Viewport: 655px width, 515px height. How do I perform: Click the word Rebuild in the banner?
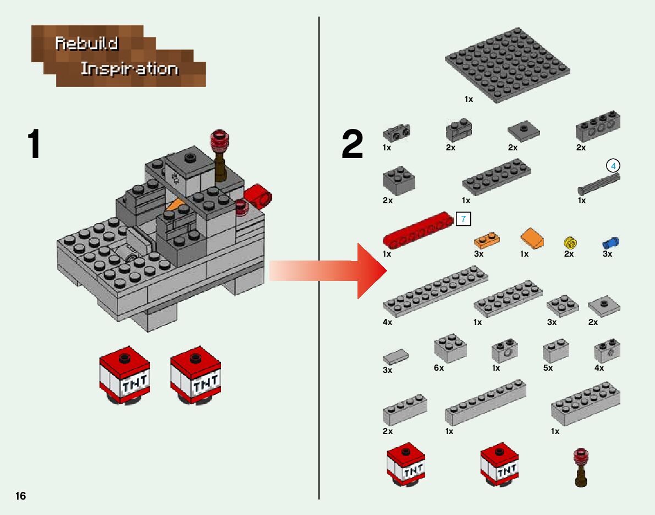[x=87, y=44]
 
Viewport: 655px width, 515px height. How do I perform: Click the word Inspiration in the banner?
[x=129, y=69]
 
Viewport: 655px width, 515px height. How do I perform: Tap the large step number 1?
[x=34, y=144]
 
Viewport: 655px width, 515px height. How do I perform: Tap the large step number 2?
[x=353, y=144]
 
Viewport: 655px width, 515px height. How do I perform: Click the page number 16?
[x=20, y=496]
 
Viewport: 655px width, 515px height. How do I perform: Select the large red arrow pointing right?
[x=352, y=270]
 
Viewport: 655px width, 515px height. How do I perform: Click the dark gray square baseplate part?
[x=507, y=65]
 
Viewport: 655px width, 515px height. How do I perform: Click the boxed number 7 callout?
[x=463, y=219]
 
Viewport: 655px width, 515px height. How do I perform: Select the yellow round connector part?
[x=571, y=242]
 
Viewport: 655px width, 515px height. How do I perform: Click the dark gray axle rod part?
[x=598, y=183]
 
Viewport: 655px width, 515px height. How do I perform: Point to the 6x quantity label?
[x=438, y=368]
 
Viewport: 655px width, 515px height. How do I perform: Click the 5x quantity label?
[x=548, y=368]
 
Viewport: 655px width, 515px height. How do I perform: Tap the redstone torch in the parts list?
[x=581, y=467]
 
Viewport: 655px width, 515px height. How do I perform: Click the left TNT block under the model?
[x=124, y=376]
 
